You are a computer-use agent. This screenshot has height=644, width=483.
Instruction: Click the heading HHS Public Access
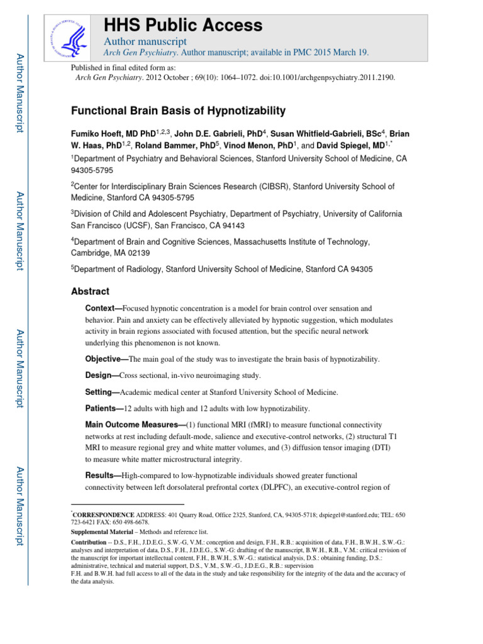point(182,25)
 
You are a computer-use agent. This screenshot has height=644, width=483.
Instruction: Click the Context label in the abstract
point(104,309)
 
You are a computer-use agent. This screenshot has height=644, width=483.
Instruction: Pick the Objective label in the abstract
point(106,358)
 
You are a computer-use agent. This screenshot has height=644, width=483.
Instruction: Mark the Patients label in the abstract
point(104,409)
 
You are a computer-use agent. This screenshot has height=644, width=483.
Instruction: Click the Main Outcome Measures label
point(135,426)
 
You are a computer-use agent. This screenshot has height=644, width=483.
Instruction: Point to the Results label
point(103,476)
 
